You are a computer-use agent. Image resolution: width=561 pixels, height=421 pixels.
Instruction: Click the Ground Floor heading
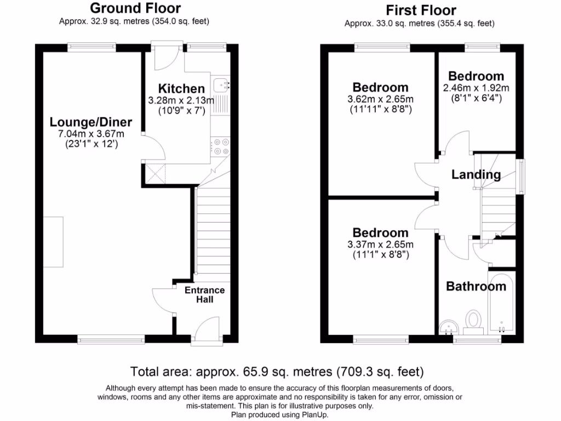(x=135, y=8)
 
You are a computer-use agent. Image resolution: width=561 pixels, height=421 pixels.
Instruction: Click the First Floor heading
(x=421, y=10)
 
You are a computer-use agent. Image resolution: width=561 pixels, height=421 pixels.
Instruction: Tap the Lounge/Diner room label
(x=91, y=122)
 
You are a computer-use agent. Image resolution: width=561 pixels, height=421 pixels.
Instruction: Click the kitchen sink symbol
(x=222, y=86)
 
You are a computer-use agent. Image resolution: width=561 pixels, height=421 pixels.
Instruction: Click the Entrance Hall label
(x=204, y=295)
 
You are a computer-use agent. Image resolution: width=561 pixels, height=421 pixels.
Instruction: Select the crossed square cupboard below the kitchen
(x=156, y=174)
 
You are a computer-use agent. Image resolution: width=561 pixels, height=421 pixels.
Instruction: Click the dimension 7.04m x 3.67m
(x=91, y=134)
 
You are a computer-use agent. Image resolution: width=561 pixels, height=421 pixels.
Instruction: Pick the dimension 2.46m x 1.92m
(x=476, y=88)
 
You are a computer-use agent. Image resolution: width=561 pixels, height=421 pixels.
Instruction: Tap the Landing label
(x=476, y=175)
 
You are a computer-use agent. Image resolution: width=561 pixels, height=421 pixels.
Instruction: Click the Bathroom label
(x=476, y=286)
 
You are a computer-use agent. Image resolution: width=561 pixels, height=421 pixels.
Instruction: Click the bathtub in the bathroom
(x=502, y=304)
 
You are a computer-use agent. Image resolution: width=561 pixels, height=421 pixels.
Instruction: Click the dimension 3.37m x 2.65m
(x=380, y=244)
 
